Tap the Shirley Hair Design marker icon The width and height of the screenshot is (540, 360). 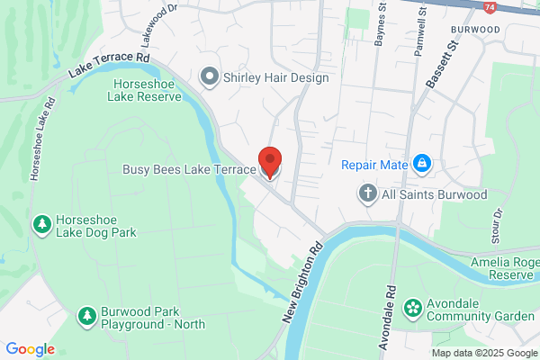tap(210, 77)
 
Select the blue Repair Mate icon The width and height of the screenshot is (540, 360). tap(420, 163)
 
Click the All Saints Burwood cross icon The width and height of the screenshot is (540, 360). tap(367, 193)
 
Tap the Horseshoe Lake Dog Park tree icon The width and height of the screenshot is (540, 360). tap(40, 223)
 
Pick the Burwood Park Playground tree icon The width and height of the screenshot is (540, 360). tap(86, 316)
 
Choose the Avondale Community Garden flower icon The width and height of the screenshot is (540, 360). tap(412, 309)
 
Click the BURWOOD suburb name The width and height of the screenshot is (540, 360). tap(475, 30)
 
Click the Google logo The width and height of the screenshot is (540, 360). tap(30, 349)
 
